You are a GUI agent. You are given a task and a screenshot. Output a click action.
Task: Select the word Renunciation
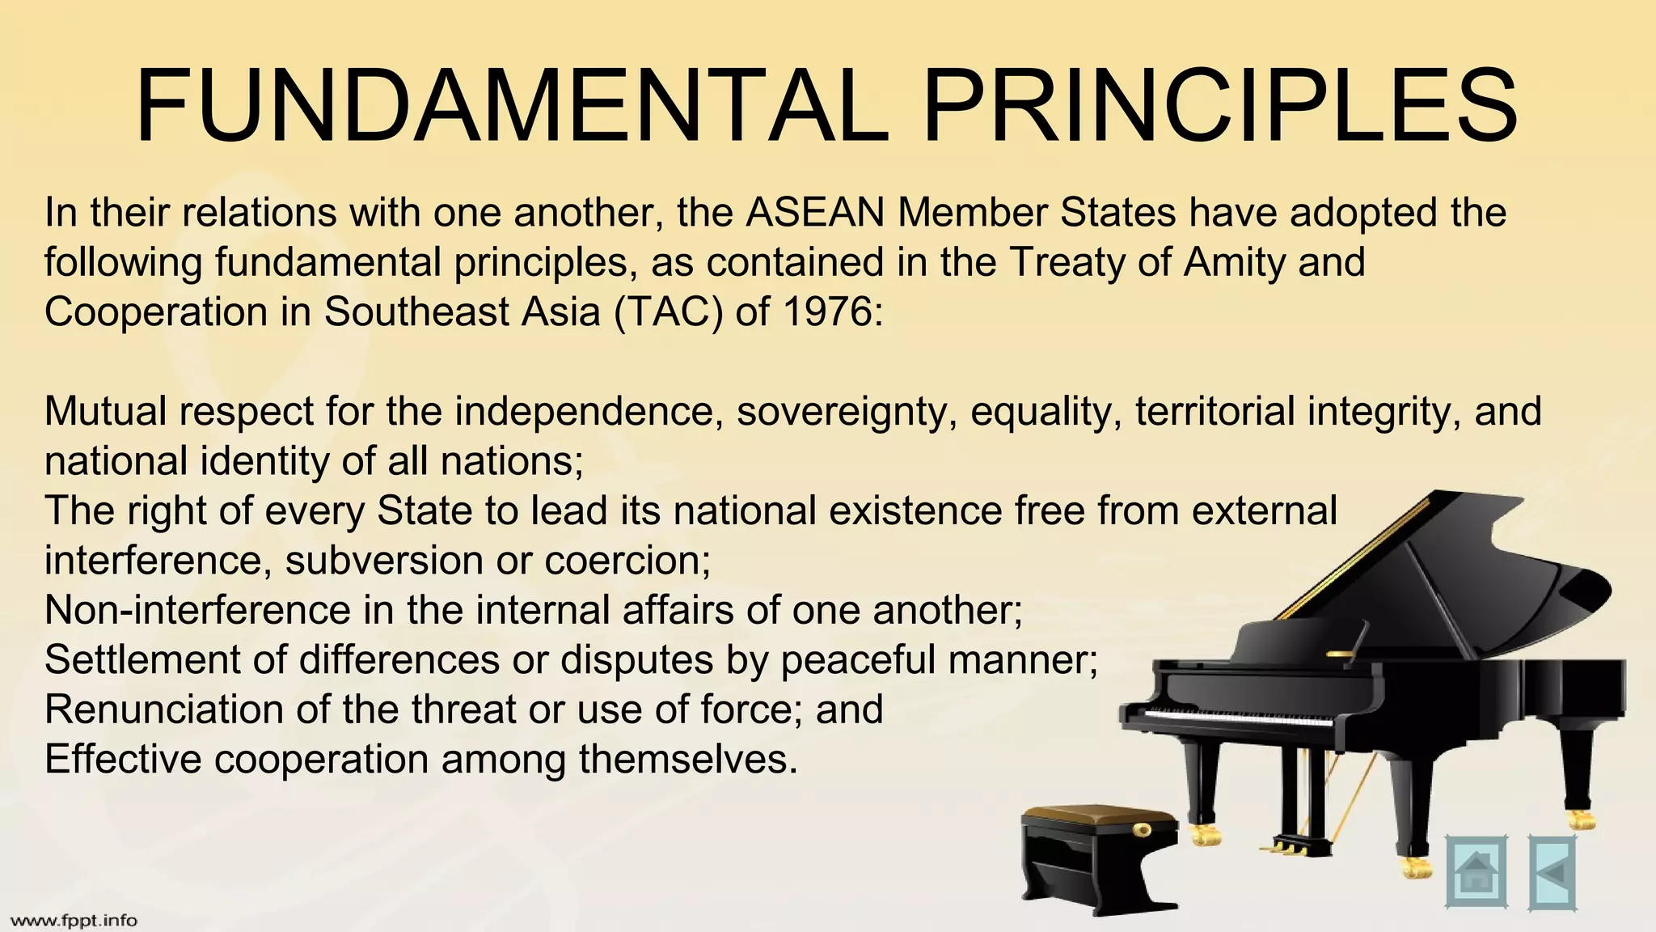click(163, 710)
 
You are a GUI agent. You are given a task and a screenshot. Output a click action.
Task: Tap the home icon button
click(1476, 872)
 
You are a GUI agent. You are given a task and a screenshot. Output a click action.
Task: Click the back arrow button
click(1552, 872)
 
